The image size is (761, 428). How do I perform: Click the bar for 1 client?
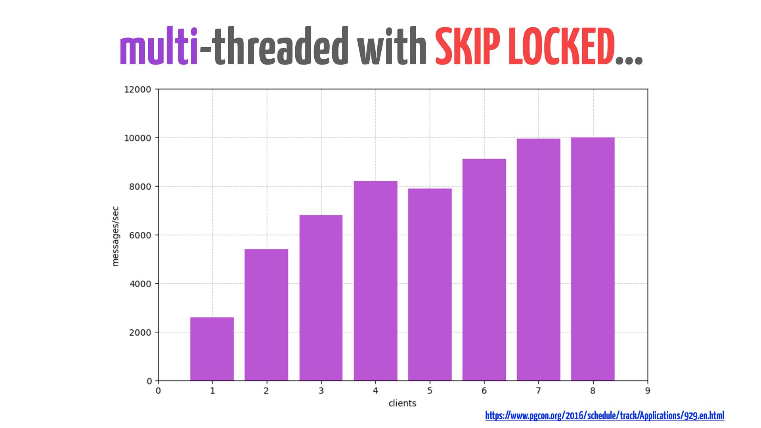pos(212,349)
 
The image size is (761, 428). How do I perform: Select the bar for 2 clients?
pos(266,315)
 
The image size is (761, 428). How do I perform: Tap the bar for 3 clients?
pos(321,298)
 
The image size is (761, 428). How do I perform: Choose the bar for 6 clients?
pos(484,269)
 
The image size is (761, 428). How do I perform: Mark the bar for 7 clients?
pos(538,260)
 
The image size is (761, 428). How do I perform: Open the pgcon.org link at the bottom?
pos(604,415)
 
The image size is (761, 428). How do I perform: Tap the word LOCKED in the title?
pos(561,47)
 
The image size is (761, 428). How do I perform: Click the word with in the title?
pos(392,47)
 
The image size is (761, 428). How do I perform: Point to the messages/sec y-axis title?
pos(115,236)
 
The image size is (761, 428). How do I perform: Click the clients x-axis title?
pos(402,403)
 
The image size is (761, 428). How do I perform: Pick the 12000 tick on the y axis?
pos(138,90)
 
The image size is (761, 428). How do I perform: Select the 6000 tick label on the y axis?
pos(140,235)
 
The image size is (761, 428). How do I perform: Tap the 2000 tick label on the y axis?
pos(140,332)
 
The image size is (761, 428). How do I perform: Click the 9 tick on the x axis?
pos(647,391)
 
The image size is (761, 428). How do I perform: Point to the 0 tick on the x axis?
pos(158,391)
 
